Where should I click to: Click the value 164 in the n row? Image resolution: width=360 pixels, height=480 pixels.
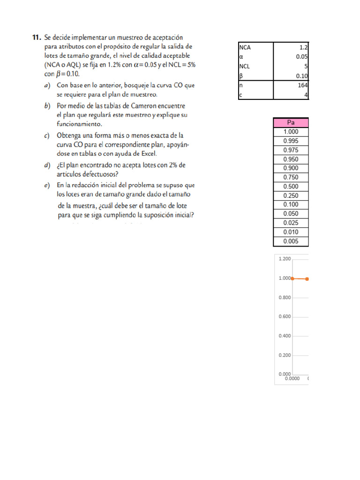302,85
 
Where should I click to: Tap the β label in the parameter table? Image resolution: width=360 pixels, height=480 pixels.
240,76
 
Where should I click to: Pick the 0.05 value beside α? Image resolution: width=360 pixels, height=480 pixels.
301,57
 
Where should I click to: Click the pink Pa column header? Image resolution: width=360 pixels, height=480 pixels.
291,123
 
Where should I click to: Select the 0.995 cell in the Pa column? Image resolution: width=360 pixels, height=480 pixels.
291,141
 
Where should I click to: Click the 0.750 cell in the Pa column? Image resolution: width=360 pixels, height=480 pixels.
291,177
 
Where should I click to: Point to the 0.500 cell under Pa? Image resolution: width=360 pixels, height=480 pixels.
291,187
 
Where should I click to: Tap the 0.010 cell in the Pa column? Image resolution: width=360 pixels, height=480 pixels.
291,232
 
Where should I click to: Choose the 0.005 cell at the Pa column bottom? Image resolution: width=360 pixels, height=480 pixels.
291,241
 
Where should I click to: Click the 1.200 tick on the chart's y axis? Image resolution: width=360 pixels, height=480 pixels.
285,259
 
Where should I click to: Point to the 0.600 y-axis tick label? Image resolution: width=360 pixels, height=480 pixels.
285,316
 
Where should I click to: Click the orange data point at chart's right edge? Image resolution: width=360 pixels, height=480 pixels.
307,279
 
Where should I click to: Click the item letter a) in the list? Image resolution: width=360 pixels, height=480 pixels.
47,86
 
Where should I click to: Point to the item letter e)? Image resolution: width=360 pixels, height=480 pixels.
47,185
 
